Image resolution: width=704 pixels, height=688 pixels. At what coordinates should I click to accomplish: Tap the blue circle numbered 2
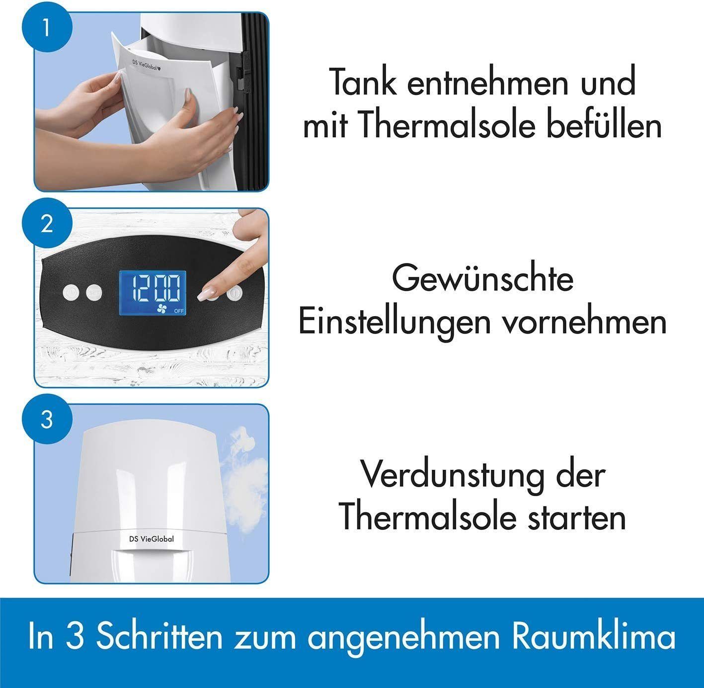coord(47,224)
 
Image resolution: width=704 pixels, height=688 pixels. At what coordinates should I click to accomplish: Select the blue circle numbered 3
coord(47,421)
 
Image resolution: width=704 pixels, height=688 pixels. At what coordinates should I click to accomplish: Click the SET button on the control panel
coord(94,293)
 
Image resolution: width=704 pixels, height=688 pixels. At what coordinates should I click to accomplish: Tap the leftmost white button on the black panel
coord(71,293)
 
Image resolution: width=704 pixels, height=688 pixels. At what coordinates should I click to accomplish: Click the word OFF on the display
coord(179,311)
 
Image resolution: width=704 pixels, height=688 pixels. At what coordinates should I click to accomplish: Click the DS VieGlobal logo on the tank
coord(147,66)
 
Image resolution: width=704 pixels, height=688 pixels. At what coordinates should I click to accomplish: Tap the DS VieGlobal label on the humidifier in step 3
coord(151,539)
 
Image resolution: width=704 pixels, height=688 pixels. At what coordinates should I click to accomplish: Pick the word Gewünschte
coord(482,279)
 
